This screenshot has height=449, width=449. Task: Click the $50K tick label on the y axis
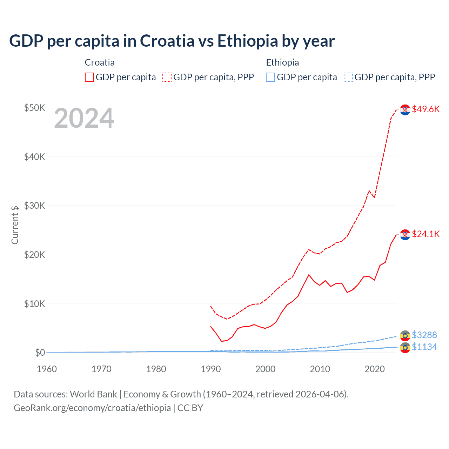34,108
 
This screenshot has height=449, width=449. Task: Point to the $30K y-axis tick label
34,206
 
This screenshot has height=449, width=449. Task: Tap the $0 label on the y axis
40,353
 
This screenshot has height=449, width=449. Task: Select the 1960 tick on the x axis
47,369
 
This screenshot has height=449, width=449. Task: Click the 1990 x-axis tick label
211,369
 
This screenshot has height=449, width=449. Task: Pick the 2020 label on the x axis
375,369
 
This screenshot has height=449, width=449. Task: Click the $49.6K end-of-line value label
425,109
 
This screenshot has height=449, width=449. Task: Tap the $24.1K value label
425,234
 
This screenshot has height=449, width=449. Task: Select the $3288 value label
424,335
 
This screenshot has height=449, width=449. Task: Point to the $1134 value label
424,347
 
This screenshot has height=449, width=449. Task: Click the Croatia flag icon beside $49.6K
405,110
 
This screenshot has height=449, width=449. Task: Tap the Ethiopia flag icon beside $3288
405,336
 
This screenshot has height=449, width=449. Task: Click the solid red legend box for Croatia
89,77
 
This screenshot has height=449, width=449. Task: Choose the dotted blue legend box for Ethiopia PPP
348,77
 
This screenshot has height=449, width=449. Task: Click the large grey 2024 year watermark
84,119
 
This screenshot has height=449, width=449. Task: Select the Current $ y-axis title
15,225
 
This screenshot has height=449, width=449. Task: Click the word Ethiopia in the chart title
248,41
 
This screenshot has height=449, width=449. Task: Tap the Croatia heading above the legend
100,62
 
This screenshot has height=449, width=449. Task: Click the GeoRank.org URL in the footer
92,408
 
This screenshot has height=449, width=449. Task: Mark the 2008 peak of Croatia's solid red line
309,275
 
